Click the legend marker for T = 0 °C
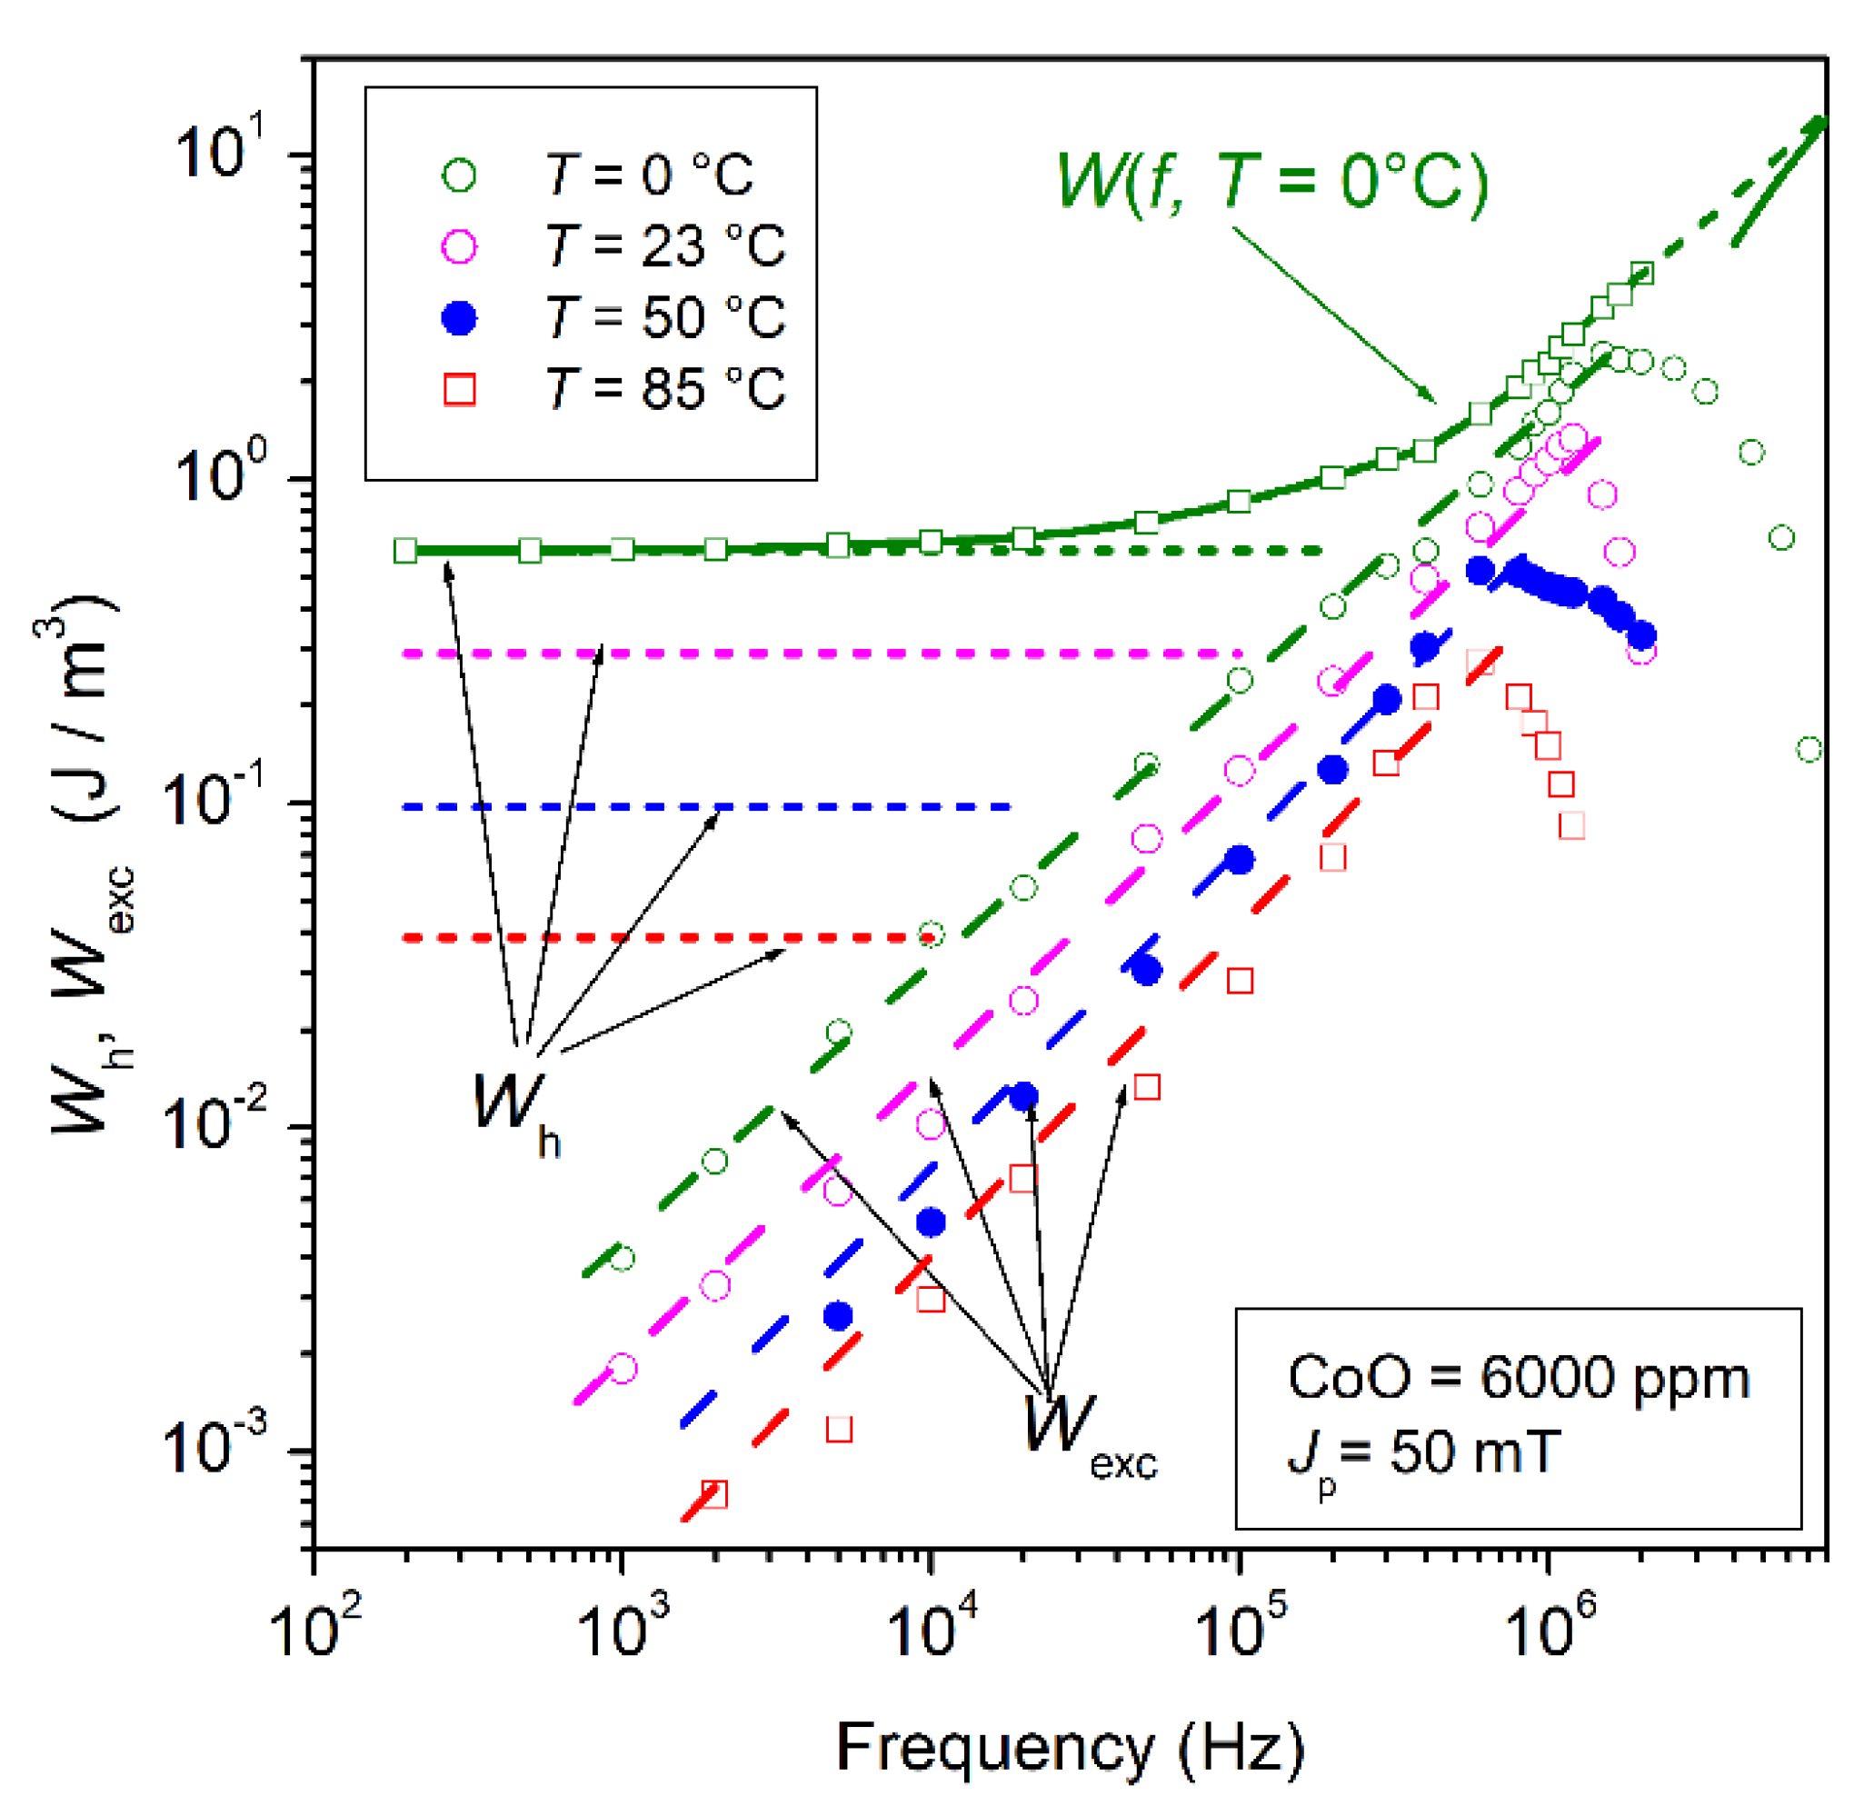click(460, 176)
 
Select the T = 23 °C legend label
click(665, 246)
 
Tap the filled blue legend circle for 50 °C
click(460, 317)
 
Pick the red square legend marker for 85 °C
click(460, 389)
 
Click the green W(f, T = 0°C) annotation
click(1271, 181)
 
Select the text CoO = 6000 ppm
click(1519, 1378)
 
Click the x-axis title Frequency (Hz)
click(1070, 1747)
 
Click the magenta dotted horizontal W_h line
click(822, 654)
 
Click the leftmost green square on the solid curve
click(405, 551)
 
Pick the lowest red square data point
click(714, 1493)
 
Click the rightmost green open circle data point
click(1809, 750)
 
